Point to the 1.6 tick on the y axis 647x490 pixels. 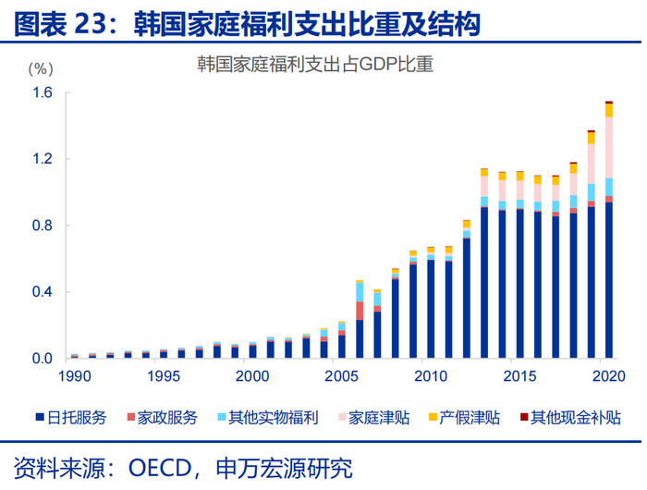coord(44,93)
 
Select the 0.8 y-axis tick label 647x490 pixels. coord(44,226)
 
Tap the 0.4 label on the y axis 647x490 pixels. coord(44,292)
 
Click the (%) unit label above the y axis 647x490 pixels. coord(43,68)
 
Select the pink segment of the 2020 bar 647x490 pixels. coord(608,147)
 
